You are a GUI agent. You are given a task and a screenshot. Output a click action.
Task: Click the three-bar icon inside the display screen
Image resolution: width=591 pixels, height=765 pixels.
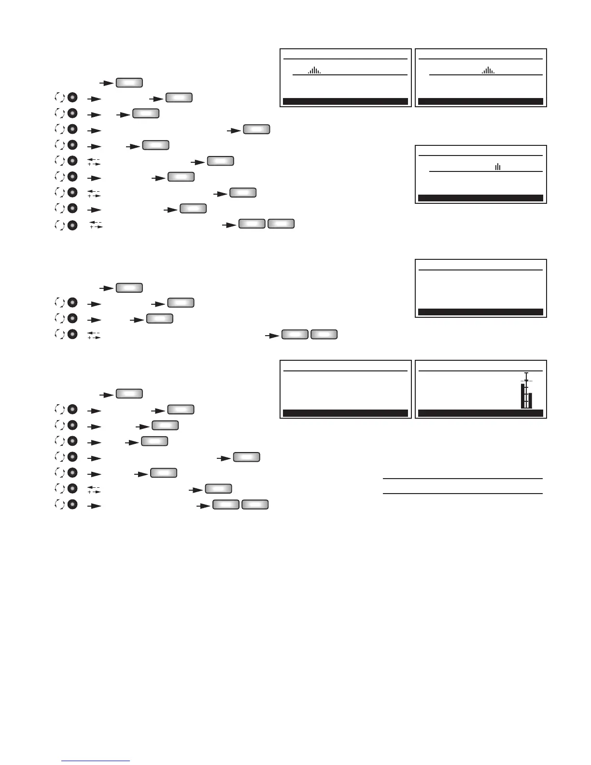(x=497, y=167)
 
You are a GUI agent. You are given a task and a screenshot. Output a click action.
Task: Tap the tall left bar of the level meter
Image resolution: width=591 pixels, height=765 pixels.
(x=522, y=396)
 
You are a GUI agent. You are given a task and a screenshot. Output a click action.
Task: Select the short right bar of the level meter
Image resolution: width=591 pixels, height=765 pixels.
(x=530, y=400)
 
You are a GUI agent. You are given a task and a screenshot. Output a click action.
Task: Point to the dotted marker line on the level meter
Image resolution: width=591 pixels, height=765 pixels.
(x=526, y=381)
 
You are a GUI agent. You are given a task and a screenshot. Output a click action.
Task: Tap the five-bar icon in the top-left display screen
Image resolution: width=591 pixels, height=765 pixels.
(x=314, y=71)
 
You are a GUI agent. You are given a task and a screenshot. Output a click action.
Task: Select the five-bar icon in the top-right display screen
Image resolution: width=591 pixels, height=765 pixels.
(x=488, y=71)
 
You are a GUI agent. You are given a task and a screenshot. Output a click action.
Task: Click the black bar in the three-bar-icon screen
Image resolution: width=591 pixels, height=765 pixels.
(x=480, y=198)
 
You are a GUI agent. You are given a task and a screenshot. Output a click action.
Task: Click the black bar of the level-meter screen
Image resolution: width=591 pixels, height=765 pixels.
(x=480, y=413)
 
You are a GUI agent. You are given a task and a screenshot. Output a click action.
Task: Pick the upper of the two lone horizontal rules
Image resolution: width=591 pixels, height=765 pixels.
(x=463, y=479)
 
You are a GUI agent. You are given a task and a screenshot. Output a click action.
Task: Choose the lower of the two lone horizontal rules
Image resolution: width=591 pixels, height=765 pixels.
(x=463, y=494)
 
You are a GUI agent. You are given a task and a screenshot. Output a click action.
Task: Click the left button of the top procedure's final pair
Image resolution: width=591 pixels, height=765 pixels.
(x=252, y=224)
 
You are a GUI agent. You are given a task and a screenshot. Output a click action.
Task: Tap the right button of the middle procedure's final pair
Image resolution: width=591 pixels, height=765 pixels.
(x=324, y=334)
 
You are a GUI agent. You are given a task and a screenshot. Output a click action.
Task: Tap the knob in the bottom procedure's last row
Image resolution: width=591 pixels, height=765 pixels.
(x=72, y=505)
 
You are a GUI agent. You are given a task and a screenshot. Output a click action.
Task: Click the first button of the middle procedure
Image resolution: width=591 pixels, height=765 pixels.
(x=129, y=288)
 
